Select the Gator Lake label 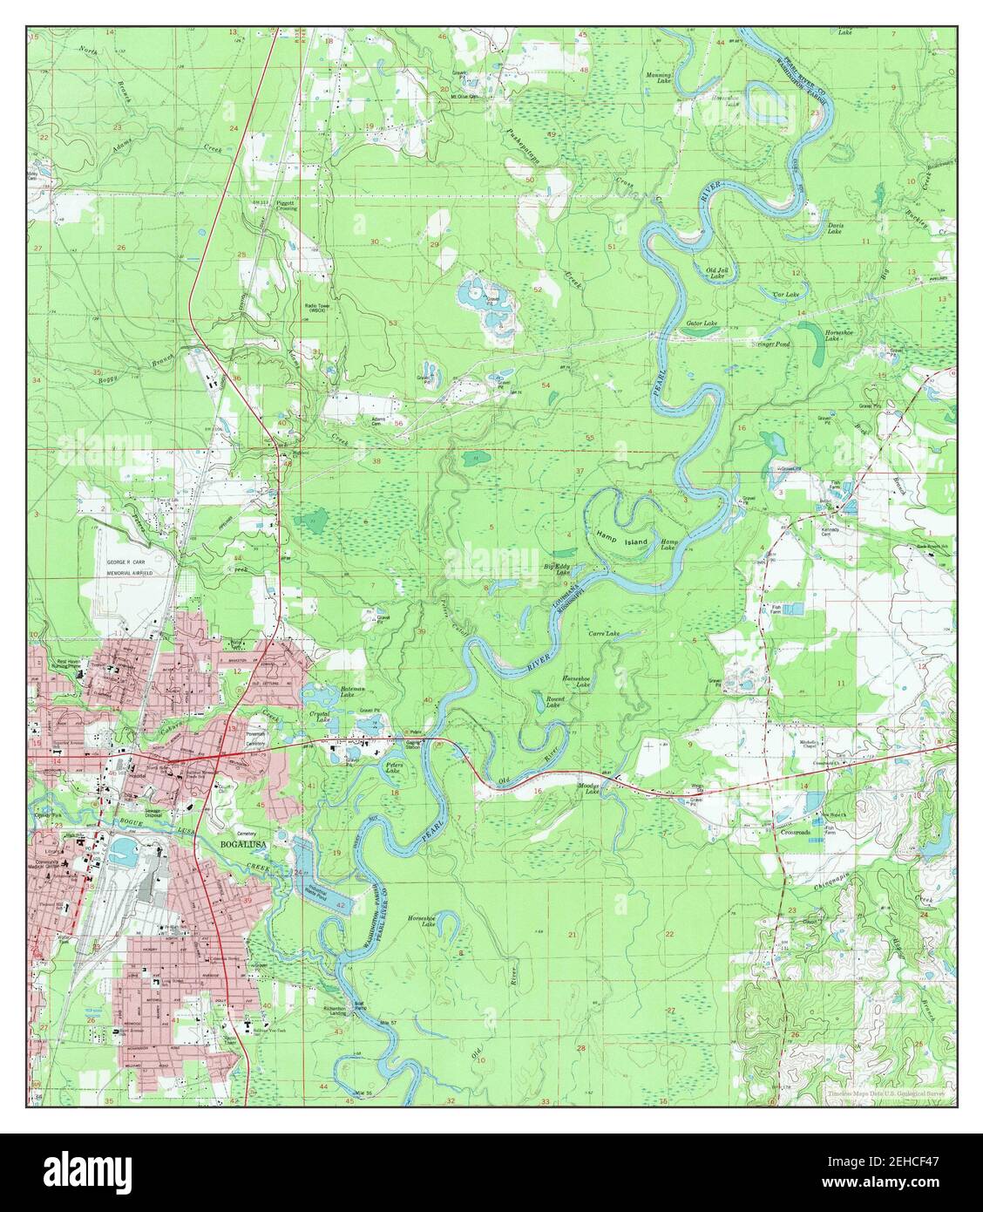pos(701,323)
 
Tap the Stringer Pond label pos(771,344)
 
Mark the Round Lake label pos(553,702)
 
